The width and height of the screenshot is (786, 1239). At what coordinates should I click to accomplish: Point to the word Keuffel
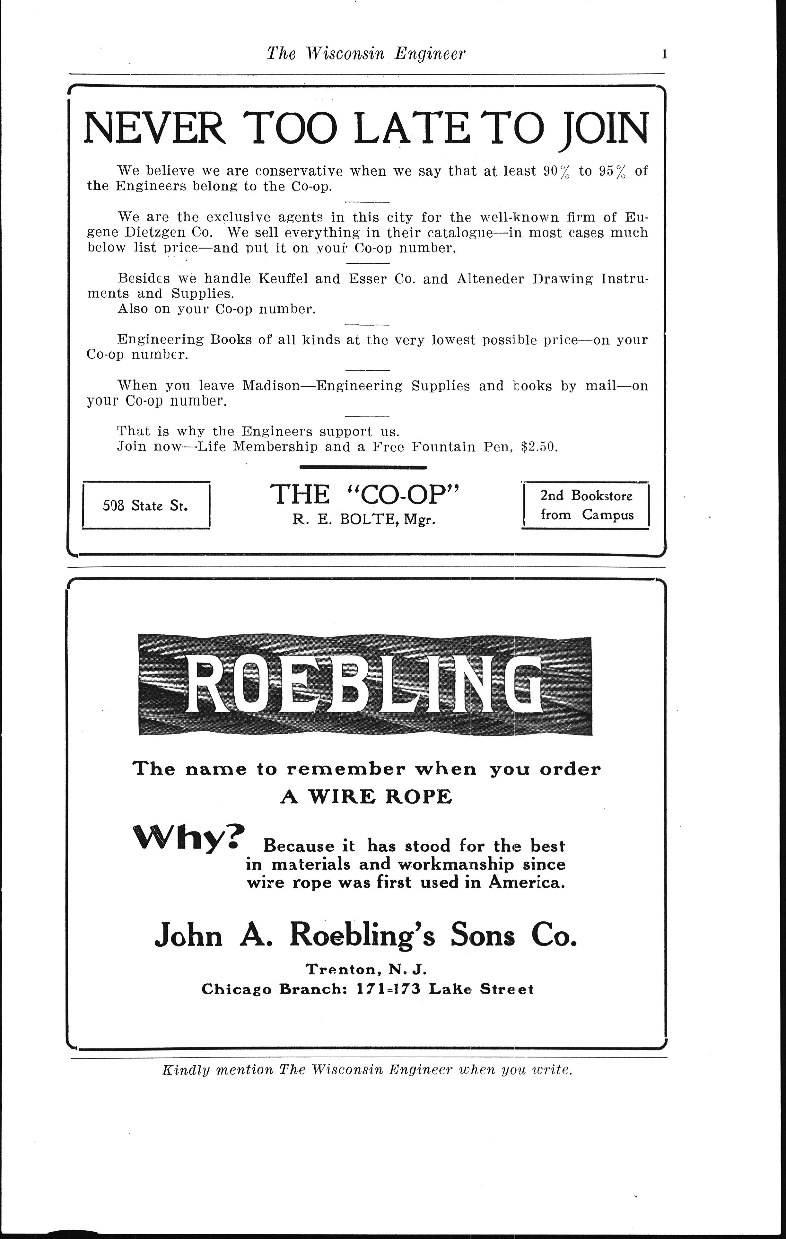click(284, 279)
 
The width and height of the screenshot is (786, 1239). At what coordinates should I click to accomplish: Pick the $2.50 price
click(540, 447)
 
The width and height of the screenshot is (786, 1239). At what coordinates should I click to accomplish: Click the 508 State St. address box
click(146, 505)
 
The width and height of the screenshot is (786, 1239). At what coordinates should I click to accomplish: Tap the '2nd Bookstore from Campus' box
click(586, 505)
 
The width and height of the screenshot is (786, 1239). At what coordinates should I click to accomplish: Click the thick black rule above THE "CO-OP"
click(363, 467)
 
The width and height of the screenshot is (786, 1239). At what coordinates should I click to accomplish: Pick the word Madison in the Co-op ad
click(271, 386)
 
